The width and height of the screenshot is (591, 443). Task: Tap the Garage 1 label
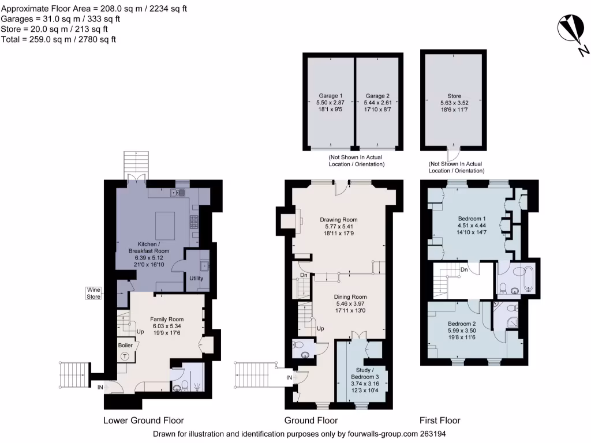point(331,96)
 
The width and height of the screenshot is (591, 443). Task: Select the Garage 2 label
point(377,96)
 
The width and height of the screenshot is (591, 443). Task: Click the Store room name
point(454,96)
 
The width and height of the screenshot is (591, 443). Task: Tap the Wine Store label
point(93,293)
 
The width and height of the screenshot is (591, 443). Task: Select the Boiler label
point(125,345)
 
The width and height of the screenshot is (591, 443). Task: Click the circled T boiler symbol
point(125,356)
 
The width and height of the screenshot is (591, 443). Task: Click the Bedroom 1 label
point(472,219)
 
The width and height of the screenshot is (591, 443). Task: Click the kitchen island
point(165,223)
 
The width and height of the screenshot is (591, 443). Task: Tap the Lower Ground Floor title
point(143,421)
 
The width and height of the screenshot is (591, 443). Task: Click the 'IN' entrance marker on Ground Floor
point(289,378)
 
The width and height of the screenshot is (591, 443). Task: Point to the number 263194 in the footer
point(431,434)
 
